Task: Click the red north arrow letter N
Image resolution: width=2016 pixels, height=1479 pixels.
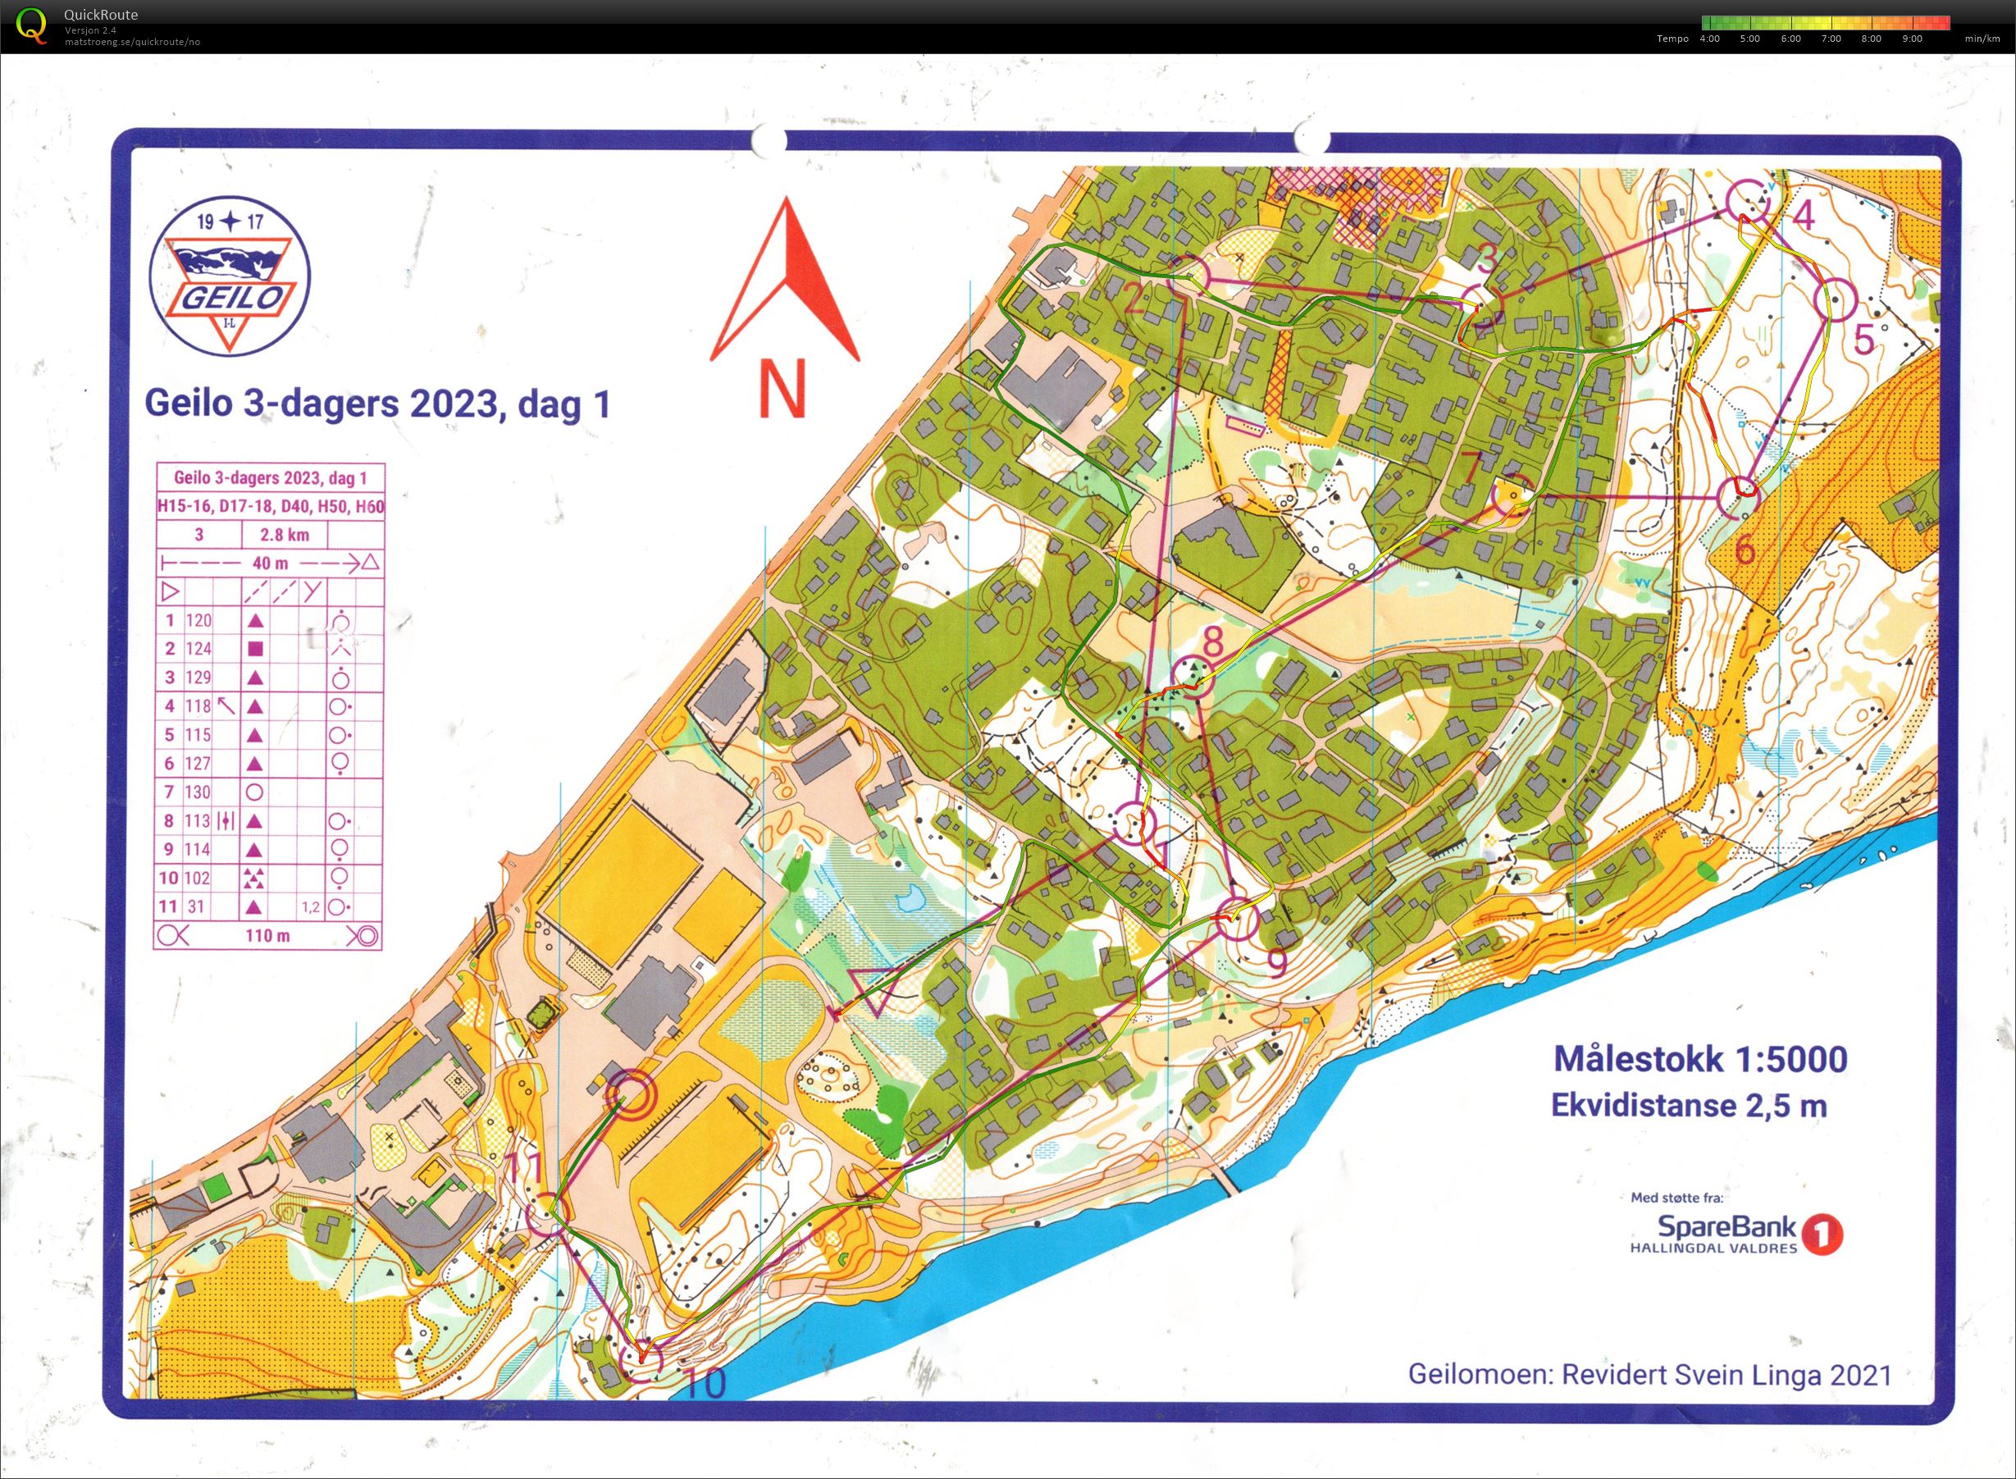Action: pyautogui.click(x=782, y=388)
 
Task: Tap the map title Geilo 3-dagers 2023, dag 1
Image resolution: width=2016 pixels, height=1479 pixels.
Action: pyautogui.click(x=377, y=404)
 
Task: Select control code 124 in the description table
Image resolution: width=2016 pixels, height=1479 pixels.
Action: pyautogui.click(x=198, y=648)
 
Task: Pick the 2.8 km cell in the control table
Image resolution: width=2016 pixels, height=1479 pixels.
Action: pyautogui.click(x=284, y=536)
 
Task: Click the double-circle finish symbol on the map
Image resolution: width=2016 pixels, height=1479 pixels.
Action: pyautogui.click(x=628, y=1094)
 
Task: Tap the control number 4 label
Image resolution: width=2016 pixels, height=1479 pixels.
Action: pyautogui.click(x=1803, y=217)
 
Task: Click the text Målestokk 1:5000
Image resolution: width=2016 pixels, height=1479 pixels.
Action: pyautogui.click(x=1699, y=1058)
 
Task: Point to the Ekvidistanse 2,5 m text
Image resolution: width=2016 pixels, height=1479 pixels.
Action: pyautogui.click(x=1689, y=1106)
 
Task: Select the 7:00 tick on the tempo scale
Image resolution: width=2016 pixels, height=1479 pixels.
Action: pyautogui.click(x=1831, y=39)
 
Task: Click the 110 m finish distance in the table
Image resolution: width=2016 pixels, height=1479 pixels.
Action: pyautogui.click(x=267, y=936)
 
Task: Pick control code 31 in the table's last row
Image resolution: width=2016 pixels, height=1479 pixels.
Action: pyautogui.click(x=195, y=907)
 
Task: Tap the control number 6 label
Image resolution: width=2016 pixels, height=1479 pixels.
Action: pyautogui.click(x=1745, y=550)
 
